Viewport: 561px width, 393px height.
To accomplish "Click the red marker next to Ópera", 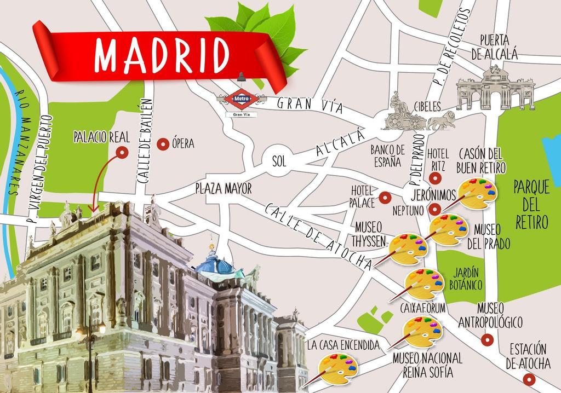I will (162, 144).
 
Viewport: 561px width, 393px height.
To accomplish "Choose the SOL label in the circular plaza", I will (279, 161).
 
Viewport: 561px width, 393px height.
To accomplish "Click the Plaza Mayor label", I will (224, 189).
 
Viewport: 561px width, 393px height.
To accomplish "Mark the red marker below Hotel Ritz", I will (435, 178).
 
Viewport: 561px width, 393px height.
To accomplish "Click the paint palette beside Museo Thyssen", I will (408, 250).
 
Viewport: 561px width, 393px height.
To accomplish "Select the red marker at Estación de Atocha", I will (529, 379).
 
